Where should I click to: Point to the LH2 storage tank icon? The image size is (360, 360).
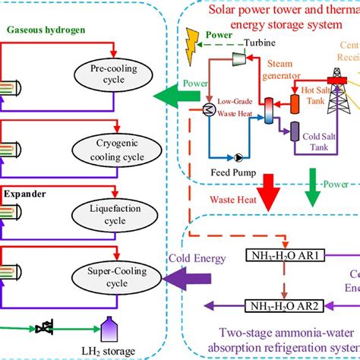point(109,328)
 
